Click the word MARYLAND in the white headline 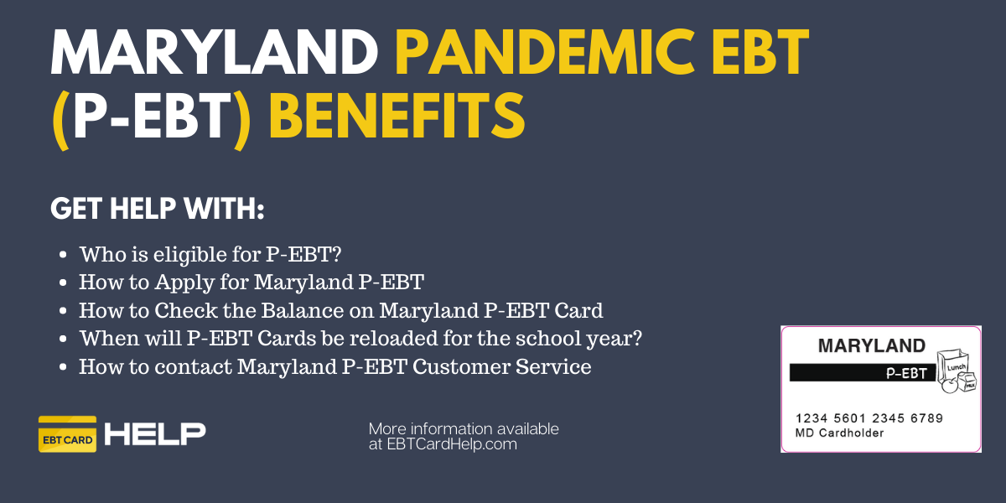(215, 53)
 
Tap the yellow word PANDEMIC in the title (544, 53)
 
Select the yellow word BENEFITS (397, 116)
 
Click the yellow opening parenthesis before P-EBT (60, 119)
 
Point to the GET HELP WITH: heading (158, 209)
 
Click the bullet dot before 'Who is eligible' (63, 255)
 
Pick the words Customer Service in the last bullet (501, 366)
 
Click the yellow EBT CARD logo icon (67, 434)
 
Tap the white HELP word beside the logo (155, 434)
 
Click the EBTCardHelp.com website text (452, 444)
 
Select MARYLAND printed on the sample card (872, 345)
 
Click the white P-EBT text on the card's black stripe (906, 373)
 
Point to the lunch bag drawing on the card (952, 366)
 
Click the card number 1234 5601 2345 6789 (869, 418)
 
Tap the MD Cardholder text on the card (839, 433)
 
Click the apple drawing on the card (950, 386)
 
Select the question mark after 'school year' (636, 338)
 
